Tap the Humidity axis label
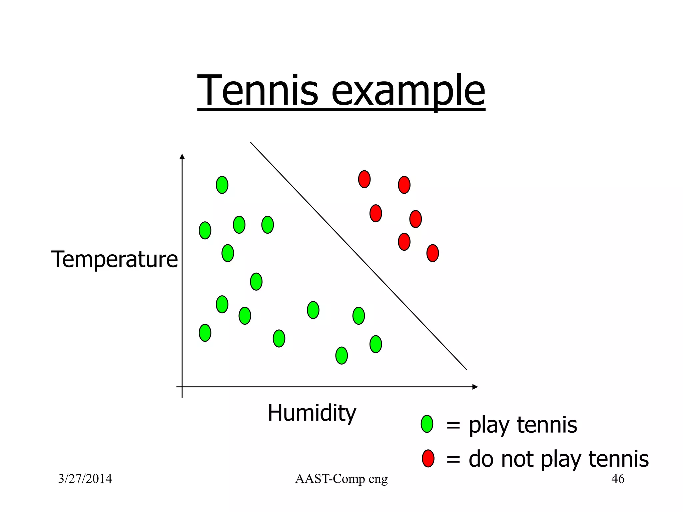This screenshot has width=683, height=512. point(312,413)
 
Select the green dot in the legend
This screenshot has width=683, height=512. point(427,424)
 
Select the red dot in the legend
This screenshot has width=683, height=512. point(428,458)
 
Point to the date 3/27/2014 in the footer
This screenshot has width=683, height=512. point(85,479)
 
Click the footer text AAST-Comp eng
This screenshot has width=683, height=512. point(341,479)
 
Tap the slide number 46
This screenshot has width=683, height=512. point(618,479)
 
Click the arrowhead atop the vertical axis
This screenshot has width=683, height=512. point(182,157)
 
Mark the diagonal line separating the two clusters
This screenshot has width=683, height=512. point(359,256)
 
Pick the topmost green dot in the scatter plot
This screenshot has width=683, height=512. point(222,185)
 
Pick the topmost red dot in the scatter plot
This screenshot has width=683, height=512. point(364,179)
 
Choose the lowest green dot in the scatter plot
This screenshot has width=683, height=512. point(341,355)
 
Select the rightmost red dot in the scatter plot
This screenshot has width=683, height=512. point(433,253)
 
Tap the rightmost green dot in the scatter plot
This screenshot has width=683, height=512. point(376,344)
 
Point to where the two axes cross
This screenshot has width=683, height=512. point(182,387)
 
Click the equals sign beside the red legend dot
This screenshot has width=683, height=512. point(453,459)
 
